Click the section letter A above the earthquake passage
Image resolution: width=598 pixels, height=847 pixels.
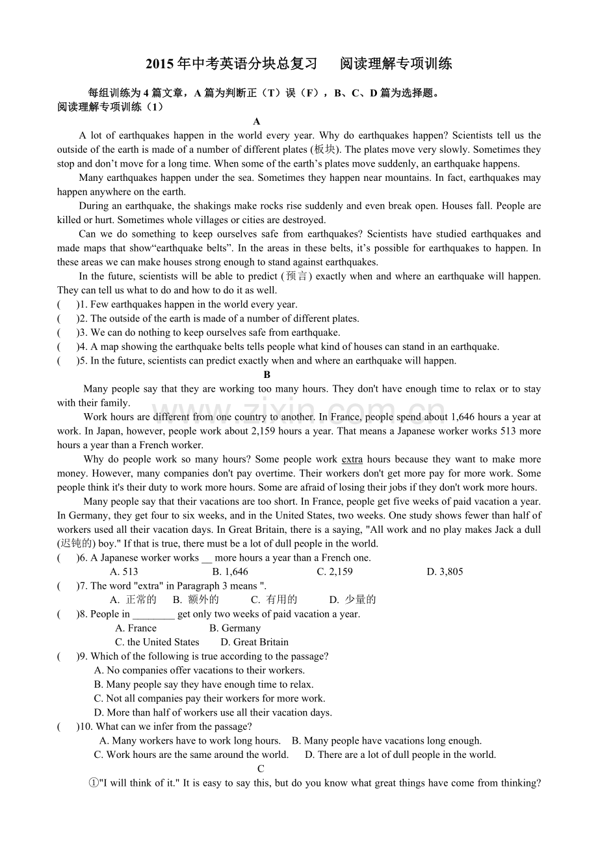[x=257, y=122]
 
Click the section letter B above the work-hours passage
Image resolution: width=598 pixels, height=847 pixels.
[x=266, y=375]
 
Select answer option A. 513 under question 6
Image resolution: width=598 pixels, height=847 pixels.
[x=124, y=572]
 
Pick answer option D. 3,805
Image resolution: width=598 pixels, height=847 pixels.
[x=445, y=572]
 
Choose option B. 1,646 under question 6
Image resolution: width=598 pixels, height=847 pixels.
[x=230, y=572]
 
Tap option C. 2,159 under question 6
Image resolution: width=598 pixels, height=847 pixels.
[x=335, y=572]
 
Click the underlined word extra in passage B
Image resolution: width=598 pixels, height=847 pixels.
[x=352, y=459]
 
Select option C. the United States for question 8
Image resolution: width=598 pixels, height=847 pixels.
[x=157, y=642]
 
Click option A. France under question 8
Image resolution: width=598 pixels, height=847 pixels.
[x=136, y=628]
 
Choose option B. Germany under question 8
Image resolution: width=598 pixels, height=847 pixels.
[x=235, y=628]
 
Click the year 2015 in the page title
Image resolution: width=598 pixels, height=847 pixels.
[x=161, y=64]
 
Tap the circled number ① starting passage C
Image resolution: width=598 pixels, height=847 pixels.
[x=93, y=783]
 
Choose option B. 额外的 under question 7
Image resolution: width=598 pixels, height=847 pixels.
[x=196, y=600]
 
